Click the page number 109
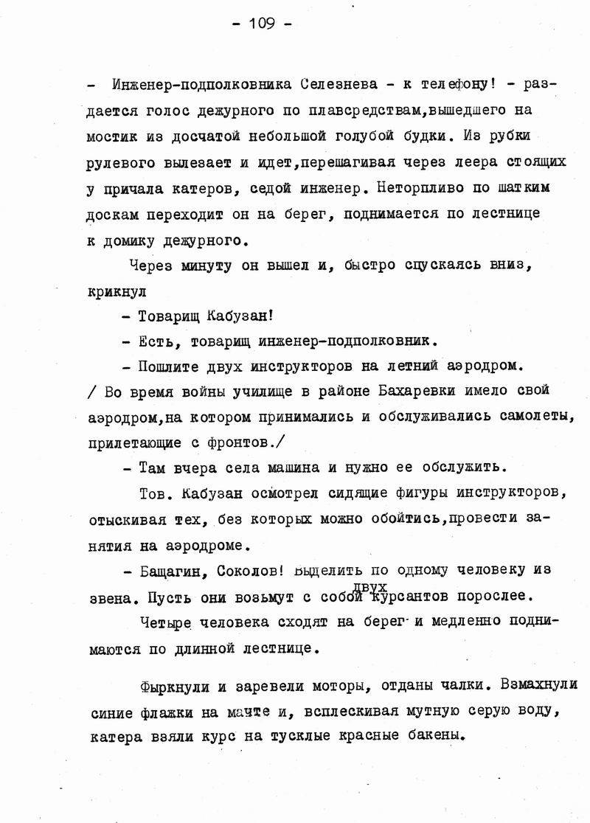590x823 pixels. click(262, 24)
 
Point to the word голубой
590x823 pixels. click(365, 136)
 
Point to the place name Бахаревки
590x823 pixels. click(428, 390)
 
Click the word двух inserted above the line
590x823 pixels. click(371, 586)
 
